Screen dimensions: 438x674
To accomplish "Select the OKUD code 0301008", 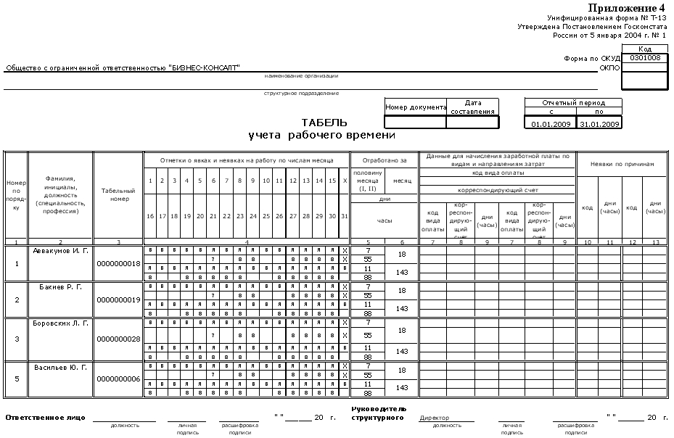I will [x=645, y=58].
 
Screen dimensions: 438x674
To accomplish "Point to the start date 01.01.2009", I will [x=548, y=124].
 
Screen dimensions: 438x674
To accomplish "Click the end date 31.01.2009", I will [x=599, y=124].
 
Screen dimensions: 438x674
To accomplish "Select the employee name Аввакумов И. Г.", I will [x=60, y=250].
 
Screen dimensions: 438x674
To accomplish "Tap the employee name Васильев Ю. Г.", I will [x=60, y=368].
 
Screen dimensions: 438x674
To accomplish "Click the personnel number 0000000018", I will [x=118, y=263].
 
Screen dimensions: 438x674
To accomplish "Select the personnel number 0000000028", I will [x=118, y=339].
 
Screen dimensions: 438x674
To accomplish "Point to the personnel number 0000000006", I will [x=118, y=379].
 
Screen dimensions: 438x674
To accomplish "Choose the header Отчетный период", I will [x=573, y=103].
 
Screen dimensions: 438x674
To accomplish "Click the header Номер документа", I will [x=415, y=107].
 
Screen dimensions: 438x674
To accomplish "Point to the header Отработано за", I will [x=385, y=160].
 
